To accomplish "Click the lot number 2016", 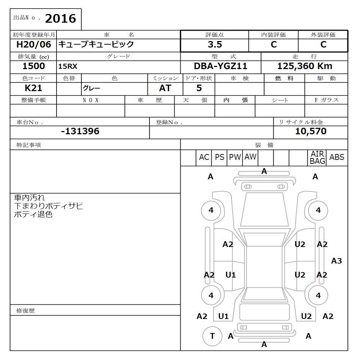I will click(x=60, y=19).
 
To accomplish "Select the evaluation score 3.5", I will click(x=215, y=45).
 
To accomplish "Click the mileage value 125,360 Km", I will click(x=305, y=66).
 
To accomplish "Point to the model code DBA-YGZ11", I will click(x=220, y=66).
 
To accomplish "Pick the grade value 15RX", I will click(x=68, y=67).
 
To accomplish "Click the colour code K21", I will click(x=33, y=88).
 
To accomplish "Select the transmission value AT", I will click(x=165, y=88).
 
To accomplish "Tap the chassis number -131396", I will click(x=80, y=131).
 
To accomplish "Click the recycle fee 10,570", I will click(x=311, y=131).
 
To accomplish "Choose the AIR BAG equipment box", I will click(x=317, y=158).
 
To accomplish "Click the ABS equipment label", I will click(x=337, y=157).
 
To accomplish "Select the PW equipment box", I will click(x=235, y=157).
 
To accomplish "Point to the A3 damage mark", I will click(x=336, y=261).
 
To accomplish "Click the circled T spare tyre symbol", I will click(x=212, y=336).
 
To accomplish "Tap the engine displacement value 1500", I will click(x=33, y=66).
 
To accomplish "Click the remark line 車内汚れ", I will click(x=30, y=198).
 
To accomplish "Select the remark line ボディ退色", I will click(x=33, y=215).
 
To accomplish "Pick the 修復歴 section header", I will click(x=26, y=311).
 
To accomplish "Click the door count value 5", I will click(x=199, y=88).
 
